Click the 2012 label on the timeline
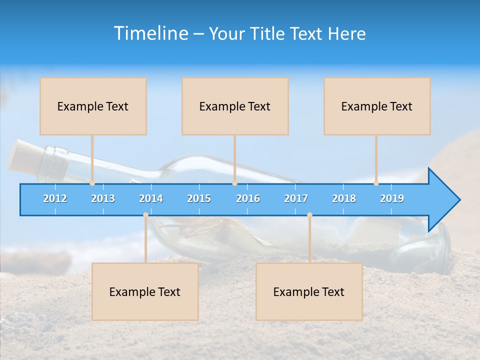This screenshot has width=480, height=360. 55,198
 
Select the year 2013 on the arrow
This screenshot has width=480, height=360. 103,198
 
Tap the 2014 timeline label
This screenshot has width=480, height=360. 151,198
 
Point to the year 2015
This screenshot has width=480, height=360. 199,198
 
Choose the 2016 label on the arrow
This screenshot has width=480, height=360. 248,198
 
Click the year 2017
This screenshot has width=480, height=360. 296,198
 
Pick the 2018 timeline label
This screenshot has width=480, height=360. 344,198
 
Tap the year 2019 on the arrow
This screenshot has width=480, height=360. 392,198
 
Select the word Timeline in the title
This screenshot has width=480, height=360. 150,33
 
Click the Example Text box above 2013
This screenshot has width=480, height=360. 93,106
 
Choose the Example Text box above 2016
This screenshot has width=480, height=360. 235,106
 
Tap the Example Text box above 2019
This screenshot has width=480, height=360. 377,106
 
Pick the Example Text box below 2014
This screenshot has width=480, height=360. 145,291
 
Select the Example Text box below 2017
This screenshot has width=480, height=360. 309,291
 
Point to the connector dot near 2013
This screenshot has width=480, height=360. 92,183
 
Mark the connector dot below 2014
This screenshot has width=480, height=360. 145,215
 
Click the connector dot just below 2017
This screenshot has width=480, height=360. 309,215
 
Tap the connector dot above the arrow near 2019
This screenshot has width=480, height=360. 376,183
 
